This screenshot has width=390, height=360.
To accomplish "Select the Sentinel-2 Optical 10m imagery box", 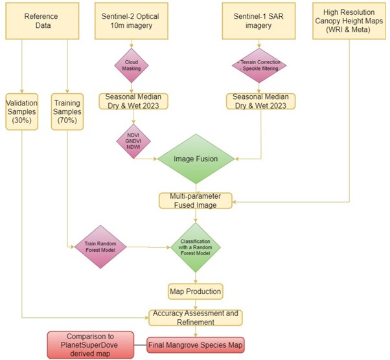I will (x=133, y=22).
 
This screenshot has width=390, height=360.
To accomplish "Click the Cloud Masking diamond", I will (x=132, y=67).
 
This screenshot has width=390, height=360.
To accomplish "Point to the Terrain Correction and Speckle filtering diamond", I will (x=259, y=67).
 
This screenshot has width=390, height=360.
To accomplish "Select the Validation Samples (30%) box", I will (x=23, y=109).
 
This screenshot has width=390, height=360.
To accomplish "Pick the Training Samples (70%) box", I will (x=68, y=109).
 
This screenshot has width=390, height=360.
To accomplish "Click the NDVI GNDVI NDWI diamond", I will (x=133, y=139).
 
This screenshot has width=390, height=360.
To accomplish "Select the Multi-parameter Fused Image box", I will (x=195, y=199).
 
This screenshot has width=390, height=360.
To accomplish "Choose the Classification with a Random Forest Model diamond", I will (x=195, y=247).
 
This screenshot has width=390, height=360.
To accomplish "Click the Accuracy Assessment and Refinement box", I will (x=195, y=317).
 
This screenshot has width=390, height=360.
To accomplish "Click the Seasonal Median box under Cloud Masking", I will (x=133, y=101).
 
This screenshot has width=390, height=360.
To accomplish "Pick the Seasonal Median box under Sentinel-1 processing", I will (x=259, y=101).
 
